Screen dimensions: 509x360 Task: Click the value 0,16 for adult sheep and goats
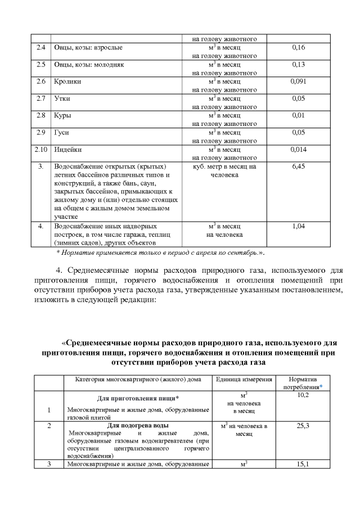pos(299,48)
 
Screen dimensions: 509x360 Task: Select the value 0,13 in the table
pos(299,65)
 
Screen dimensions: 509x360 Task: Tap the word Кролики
pos(67,82)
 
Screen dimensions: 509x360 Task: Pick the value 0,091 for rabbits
pos(299,82)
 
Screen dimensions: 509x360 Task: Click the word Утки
pos(62,98)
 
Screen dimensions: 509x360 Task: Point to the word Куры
pos(62,115)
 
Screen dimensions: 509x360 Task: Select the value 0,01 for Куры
pos(299,115)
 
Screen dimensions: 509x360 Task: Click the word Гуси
pos(61,133)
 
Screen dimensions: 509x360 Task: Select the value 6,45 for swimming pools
pos(299,167)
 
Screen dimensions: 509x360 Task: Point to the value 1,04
pos(299,226)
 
